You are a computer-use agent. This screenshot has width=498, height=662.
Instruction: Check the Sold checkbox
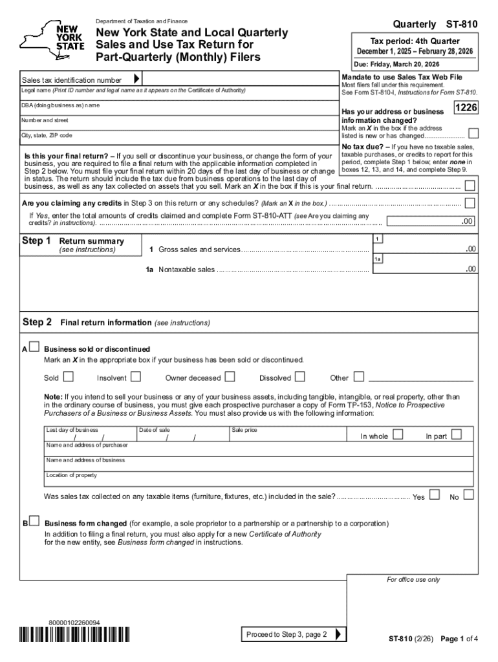click(68, 376)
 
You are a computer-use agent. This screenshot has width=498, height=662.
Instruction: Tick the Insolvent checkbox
click(136, 376)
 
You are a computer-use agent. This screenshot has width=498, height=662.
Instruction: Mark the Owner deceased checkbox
click(230, 376)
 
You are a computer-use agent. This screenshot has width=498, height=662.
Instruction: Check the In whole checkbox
click(398, 434)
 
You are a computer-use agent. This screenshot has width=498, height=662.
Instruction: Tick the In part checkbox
click(457, 434)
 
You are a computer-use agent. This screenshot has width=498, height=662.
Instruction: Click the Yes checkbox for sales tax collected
click(435, 495)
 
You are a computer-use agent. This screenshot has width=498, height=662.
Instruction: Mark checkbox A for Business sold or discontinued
click(34, 348)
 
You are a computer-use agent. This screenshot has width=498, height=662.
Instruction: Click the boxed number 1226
click(466, 109)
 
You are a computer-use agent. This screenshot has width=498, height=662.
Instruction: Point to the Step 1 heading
click(36, 241)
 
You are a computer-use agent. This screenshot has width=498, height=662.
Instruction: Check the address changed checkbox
click(473, 134)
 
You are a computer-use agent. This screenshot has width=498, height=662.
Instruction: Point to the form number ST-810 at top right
click(461, 24)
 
